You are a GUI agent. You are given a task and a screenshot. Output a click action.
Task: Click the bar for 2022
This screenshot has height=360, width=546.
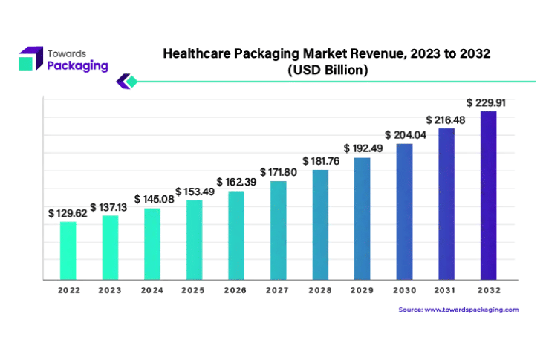tap(68, 250)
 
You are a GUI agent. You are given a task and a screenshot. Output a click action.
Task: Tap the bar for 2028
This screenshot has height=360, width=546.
tap(320, 224)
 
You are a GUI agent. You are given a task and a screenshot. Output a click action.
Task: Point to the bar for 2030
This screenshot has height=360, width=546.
tap(404, 212)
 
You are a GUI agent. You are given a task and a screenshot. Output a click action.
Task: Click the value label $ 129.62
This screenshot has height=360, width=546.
tap(68, 213)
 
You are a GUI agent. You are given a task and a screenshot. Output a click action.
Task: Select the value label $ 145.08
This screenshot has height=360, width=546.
tap(153, 200)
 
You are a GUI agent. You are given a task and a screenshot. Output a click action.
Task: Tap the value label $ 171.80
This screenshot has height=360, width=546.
tap(279, 173)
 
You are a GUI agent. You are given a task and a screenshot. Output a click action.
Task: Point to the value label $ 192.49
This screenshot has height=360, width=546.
tap(363, 148)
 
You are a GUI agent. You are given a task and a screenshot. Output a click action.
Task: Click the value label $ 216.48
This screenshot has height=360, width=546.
tap(446, 120)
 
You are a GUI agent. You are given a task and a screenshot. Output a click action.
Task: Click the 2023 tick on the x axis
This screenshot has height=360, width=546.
tap(110, 290)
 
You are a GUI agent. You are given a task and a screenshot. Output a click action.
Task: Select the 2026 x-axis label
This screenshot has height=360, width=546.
tap(235, 290)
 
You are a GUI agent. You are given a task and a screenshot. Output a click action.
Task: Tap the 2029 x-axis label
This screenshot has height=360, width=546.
tap(362, 290)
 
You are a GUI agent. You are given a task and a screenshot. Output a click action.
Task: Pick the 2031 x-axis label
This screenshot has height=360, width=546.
tap(446, 290)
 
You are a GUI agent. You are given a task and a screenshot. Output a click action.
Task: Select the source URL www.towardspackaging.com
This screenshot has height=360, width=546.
tap(471, 309)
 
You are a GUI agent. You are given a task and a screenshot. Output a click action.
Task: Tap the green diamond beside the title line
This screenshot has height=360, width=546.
tap(131, 81)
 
